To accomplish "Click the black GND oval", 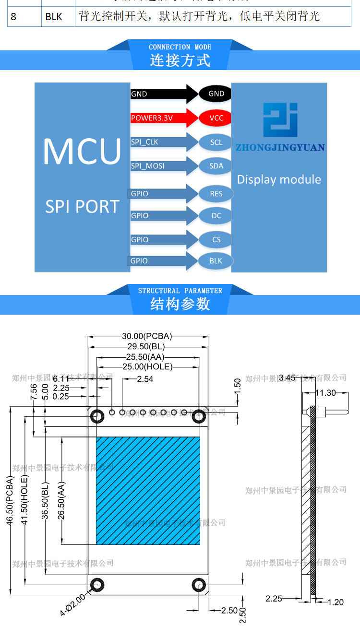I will pyautogui.click(x=216, y=94).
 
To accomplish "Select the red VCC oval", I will pyautogui.click(x=216, y=118).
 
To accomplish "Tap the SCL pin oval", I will pyautogui.click(x=216, y=142).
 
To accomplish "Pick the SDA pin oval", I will pyautogui.click(x=216, y=166).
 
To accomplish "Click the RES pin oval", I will pyautogui.click(x=216, y=194).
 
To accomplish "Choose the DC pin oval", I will pyautogui.click(x=216, y=216).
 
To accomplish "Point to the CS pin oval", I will pyautogui.click(x=216, y=240).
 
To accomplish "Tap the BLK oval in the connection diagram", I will pyautogui.click(x=216, y=261).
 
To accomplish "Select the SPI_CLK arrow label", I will pyautogui.click(x=144, y=142).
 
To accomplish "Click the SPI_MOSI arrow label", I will pyautogui.click(x=148, y=166).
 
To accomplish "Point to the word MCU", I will pyautogui.click(x=82, y=152).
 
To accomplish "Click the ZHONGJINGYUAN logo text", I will pyautogui.click(x=280, y=147).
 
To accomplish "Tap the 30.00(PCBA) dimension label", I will pyautogui.click(x=147, y=336).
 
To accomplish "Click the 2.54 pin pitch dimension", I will pyautogui.click(x=145, y=379).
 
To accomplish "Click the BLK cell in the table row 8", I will pyautogui.click(x=54, y=17).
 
